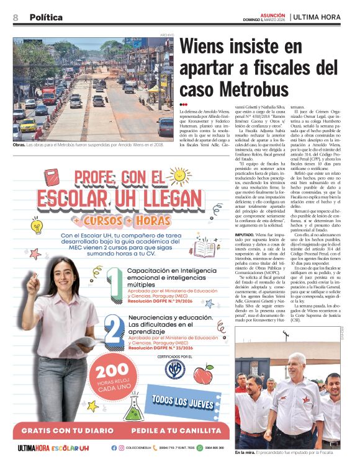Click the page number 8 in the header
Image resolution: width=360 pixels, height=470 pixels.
click(16, 17)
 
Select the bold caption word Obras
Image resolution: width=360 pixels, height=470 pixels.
click(21, 145)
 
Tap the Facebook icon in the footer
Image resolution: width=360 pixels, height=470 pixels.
click(114, 448)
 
